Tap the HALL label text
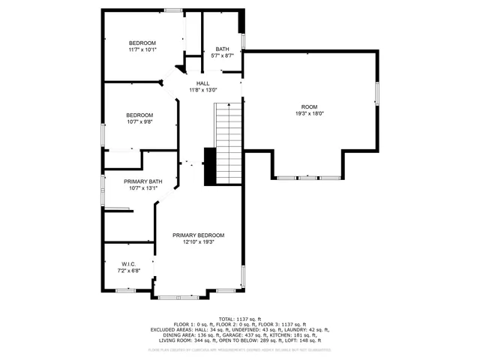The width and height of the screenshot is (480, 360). (202, 83)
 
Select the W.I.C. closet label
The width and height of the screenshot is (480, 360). (127, 264)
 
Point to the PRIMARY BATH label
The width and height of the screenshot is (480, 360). (142, 181)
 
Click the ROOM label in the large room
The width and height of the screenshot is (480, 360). (309, 106)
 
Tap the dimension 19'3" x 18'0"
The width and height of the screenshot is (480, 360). (309, 113)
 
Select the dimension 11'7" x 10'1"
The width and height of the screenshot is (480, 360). (142, 50)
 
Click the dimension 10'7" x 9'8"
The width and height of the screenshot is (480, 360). (139, 121)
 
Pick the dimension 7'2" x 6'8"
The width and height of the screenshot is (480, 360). (127, 270)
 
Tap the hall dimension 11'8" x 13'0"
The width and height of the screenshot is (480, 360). (202, 90)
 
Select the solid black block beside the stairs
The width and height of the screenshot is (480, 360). (210, 166)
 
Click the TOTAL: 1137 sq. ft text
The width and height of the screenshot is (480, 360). (241, 319)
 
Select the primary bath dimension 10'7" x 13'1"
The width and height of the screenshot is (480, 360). (142, 188)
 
